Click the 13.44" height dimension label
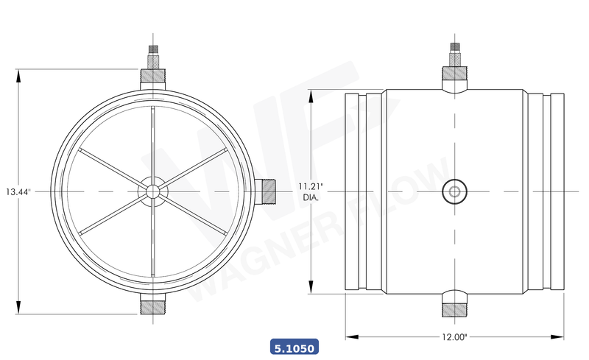[x=17, y=191]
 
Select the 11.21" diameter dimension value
[x=312, y=186]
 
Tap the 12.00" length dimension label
[x=455, y=337]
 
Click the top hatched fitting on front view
[x=152, y=75]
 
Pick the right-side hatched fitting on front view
[x=268, y=191]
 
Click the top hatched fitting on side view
[x=454, y=74]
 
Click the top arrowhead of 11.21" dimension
[x=312, y=94]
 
